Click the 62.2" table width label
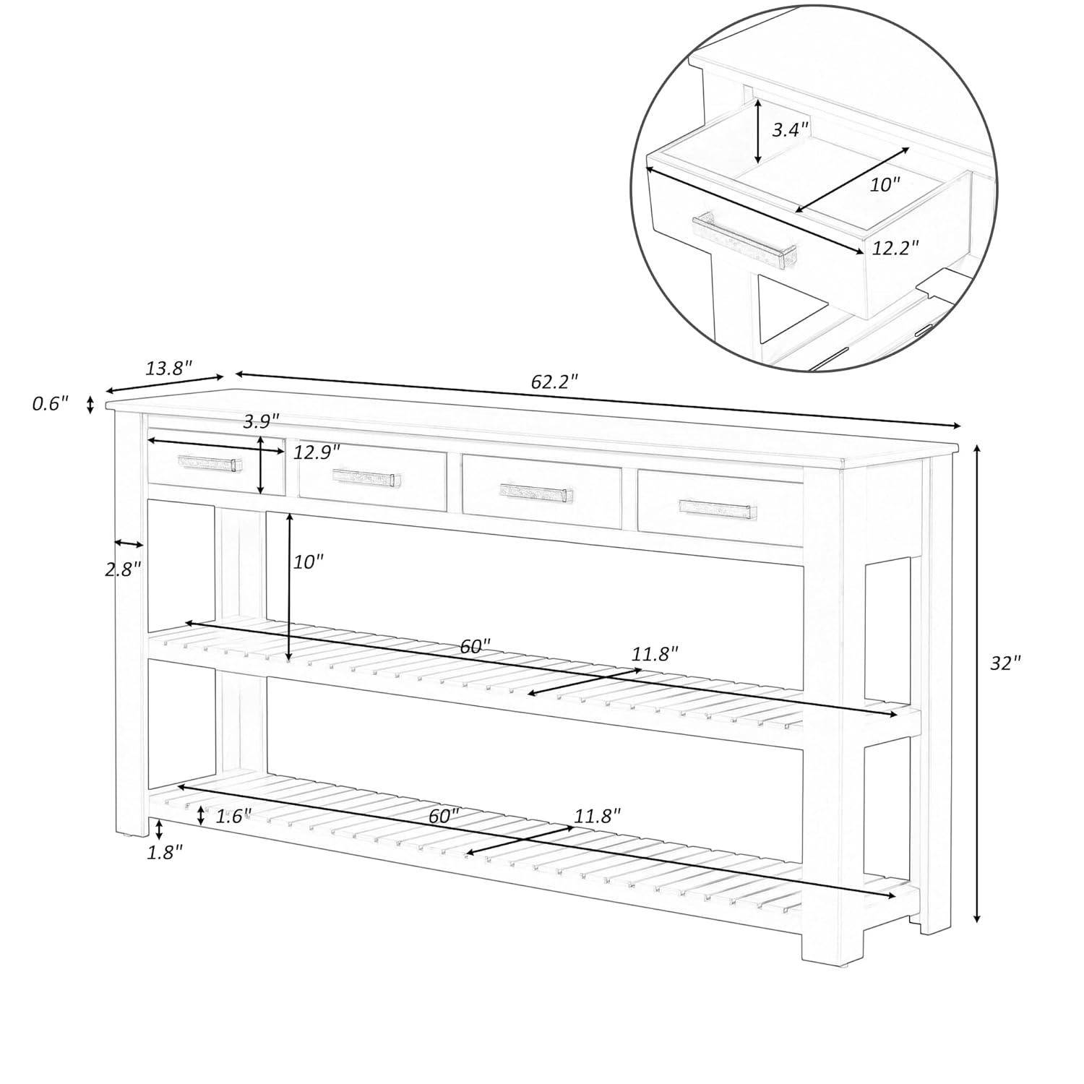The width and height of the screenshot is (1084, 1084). (x=554, y=382)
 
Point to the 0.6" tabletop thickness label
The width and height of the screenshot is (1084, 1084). (x=50, y=403)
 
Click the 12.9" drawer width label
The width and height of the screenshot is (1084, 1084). (x=317, y=452)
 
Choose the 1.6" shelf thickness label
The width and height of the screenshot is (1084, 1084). (x=233, y=816)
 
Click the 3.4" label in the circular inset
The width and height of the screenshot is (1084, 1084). (x=790, y=130)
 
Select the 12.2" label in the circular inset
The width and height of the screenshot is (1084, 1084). (x=895, y=247)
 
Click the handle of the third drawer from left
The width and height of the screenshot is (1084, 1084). (x=537, y=493)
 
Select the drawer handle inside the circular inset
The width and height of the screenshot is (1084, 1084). (x=744, y=241)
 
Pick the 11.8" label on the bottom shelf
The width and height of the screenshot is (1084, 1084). (x=598, y=817)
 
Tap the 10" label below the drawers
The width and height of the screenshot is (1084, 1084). (x=309, y=562)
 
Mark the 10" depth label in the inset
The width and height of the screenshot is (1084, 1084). (x=885, y=184)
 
